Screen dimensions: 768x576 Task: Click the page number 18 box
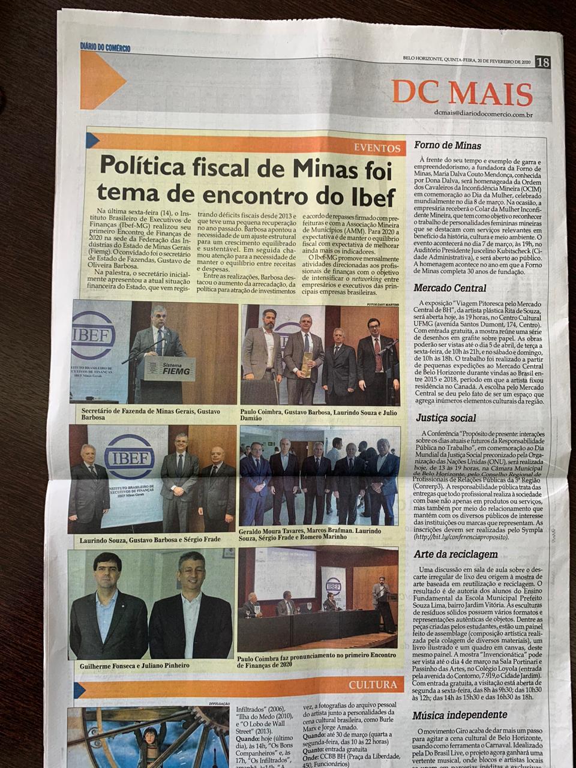[542, 62]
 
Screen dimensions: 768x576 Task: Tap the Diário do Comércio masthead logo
[105, 48]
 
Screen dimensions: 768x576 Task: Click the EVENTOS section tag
[377, 148]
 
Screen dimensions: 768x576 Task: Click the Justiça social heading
[445, 418]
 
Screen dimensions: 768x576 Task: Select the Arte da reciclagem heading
[456, 554]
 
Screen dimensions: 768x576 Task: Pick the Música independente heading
[460, 715]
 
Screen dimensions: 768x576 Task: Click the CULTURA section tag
[373, 685]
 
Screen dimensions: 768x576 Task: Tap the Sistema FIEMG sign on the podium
[170, 366]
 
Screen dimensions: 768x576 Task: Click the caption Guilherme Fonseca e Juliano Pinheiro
[134, 665]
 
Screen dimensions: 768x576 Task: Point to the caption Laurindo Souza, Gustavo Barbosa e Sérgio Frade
[150, 540]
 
